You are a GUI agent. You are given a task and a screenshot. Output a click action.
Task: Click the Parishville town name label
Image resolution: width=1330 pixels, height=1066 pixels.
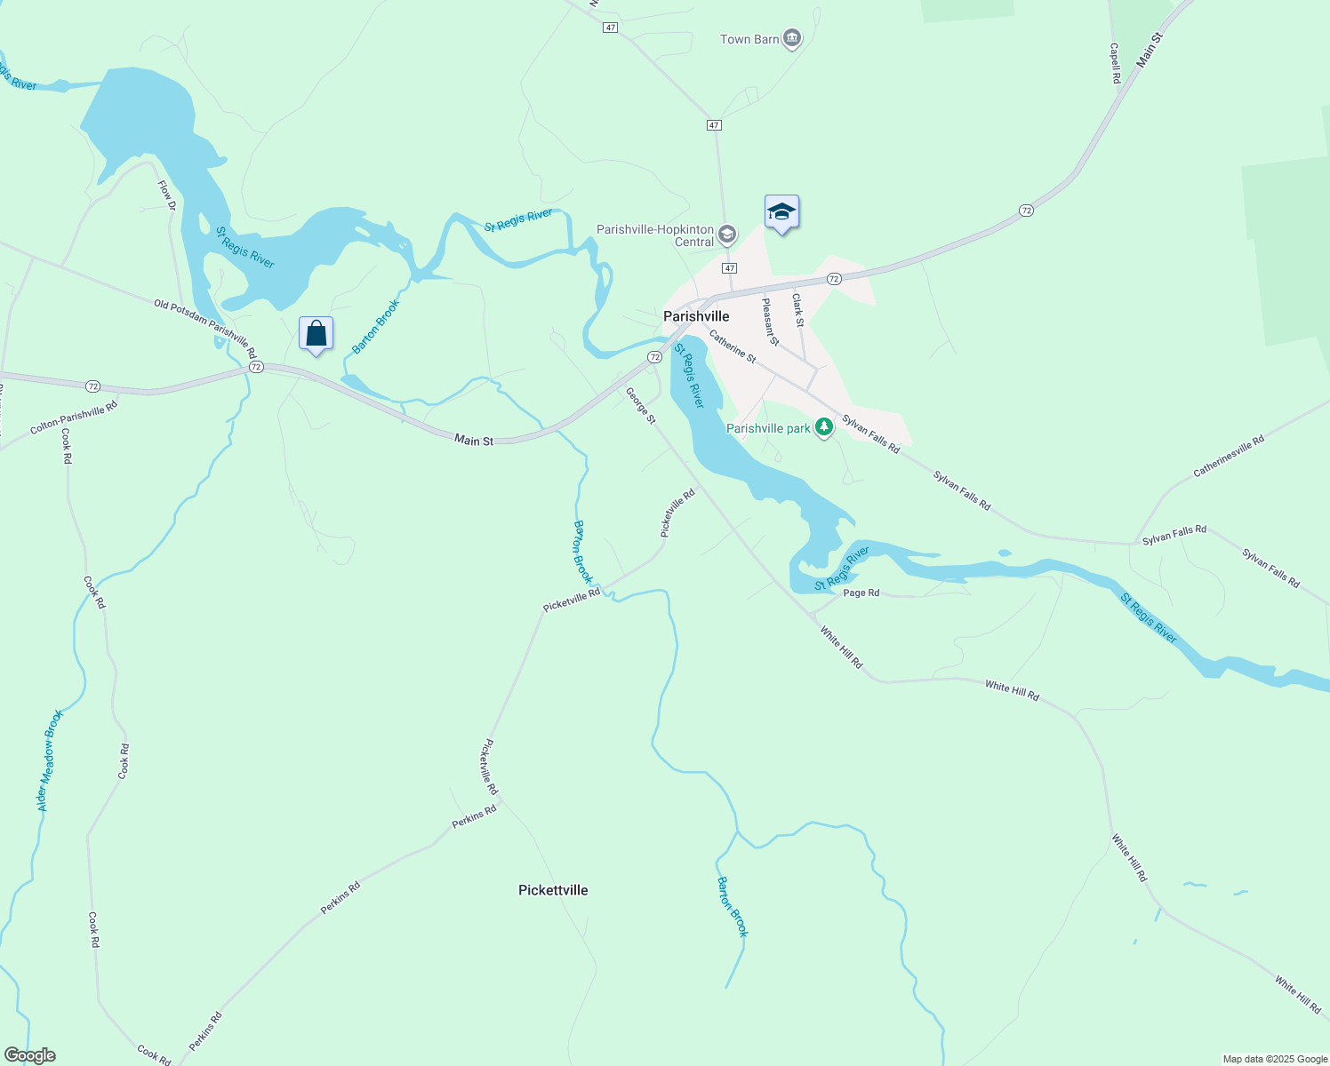pyautogui.click(x=696, y=316)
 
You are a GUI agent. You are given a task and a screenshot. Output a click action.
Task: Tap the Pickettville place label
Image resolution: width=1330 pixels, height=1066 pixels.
pyautogui.click(x=553, y=890)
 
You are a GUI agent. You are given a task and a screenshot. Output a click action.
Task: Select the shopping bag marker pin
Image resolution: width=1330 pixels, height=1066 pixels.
pyautogui.click(x=316, y=334)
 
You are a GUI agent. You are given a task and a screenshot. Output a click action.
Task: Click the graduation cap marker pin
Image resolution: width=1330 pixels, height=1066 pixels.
pyautogui.click(x=781, y=212)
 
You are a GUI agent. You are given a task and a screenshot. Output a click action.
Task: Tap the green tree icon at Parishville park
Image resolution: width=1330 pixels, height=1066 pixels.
pyautogui.click(x=825, y=428)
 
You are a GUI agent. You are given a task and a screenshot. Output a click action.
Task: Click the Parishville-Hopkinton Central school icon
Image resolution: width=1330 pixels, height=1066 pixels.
pyautogui.click(x=727, y=235)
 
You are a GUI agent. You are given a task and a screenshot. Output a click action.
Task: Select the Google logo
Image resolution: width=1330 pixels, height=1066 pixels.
pyautogui.click(x=29, y=1055)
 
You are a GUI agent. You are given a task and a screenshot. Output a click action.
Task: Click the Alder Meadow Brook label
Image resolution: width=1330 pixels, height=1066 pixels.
pyautogui.click(x=50, y=760)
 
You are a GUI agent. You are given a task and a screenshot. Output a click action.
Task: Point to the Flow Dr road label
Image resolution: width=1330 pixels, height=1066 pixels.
pyautogui.click(x=167, y=195)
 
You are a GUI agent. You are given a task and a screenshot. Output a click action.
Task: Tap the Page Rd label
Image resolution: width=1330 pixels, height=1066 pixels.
pyautogui.click(x=861, y=593)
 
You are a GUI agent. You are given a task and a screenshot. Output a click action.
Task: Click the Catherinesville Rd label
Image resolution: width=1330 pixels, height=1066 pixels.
pyautogui.click(x=1229, y=456)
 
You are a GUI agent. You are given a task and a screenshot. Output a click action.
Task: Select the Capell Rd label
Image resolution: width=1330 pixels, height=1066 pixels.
pyautogui.click(x=1115, y=63)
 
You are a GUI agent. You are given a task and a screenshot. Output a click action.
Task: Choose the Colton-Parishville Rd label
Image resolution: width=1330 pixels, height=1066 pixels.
pyautogui.click(x=74, y=418)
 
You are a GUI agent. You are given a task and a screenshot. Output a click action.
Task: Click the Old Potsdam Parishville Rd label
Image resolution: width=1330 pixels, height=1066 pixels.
pyautogui.click(x=204, y=328)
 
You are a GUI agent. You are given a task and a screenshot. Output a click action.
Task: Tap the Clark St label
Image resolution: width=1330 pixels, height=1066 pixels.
pyautogui.click(x=797, y=310)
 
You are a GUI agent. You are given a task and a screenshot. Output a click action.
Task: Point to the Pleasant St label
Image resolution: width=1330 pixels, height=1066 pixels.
pyautogui.click(x=770, y=321)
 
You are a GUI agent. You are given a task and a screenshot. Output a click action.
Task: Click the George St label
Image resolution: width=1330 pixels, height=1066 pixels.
pyautogui.click(x=640, y=405)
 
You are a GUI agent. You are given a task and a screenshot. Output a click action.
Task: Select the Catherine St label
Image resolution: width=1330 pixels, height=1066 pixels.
pyautogui.click(x=733, y=346)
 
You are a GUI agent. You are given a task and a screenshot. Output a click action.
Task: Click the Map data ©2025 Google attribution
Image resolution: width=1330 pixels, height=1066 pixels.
pyautogui.click(x=1275, y=1059)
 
